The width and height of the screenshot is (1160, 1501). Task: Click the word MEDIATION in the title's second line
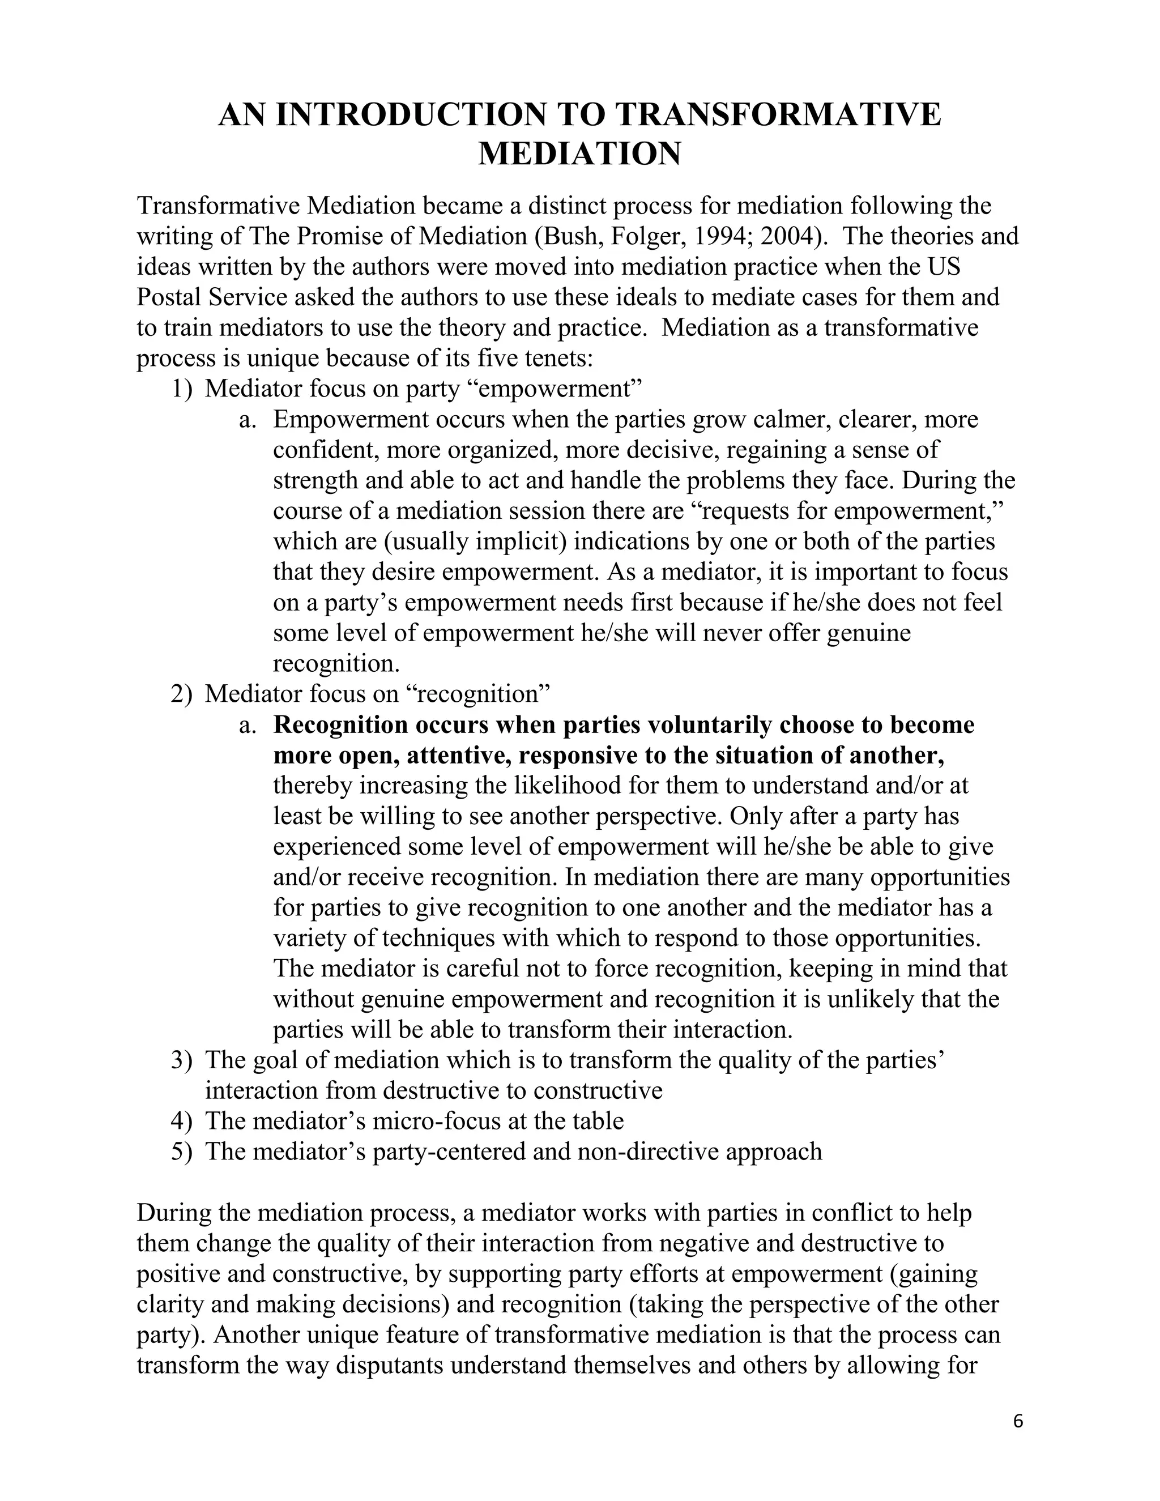click(579, 153)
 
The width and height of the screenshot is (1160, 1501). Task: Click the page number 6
click(1018, 1421)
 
